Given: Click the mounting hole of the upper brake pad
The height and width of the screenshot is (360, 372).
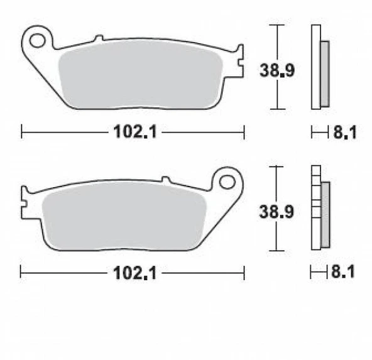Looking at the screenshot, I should [38, 40].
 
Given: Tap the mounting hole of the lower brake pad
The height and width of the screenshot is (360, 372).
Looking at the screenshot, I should [227, 182].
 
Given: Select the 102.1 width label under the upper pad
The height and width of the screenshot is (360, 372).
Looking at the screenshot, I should [131, 132].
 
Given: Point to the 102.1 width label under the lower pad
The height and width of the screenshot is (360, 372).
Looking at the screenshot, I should [131, 273].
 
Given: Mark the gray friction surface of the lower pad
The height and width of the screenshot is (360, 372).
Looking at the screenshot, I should [126, 217].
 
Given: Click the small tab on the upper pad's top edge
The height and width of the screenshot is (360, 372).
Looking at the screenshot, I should [99, 39].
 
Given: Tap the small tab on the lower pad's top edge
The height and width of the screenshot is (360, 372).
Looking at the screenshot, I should [166, 180].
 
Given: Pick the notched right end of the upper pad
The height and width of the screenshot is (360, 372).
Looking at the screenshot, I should [238, 63].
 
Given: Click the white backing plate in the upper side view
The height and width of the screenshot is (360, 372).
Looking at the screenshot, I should [315, 66].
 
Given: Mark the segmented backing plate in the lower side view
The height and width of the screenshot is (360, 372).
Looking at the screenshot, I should [315, 207].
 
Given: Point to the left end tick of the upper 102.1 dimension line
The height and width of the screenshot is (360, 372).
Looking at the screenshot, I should [22, 132].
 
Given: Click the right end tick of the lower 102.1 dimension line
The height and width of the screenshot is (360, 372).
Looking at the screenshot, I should [243, 273].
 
